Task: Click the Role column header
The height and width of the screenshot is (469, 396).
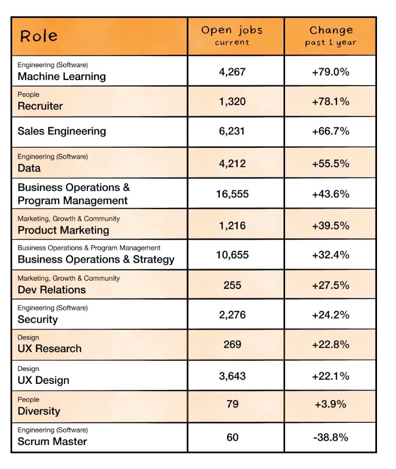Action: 39,36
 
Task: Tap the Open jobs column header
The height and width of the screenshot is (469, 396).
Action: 232,35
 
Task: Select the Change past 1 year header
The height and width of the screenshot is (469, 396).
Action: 331,35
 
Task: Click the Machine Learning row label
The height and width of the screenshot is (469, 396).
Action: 62,76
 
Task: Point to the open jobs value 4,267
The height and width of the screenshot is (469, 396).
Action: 232,72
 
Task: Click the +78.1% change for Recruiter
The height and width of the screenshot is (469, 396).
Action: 331,102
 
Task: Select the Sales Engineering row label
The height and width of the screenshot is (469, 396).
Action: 62,131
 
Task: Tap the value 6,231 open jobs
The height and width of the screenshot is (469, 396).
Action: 232,131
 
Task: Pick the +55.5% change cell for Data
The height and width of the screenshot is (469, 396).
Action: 331,164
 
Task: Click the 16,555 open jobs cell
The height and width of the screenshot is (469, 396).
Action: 232,194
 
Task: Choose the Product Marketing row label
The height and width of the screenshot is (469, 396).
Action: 63,230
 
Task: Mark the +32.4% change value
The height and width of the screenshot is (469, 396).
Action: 331,255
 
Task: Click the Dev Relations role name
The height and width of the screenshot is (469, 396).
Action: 51,289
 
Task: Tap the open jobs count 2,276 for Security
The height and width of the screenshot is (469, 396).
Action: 232,315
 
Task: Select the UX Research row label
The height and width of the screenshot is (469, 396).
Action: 49,348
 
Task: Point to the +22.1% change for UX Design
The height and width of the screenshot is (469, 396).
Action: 331,376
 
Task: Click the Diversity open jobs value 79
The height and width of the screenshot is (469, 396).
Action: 232,404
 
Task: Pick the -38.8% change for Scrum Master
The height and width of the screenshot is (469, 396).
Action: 331,437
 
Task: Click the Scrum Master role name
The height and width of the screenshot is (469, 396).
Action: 52,441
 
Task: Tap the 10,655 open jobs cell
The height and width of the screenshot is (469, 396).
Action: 232,255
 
